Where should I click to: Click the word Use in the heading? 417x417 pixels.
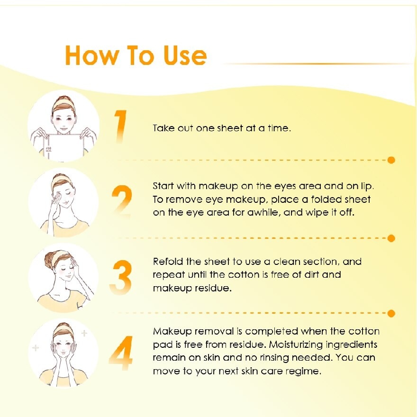click(185, 55)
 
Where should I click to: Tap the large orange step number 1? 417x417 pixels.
click(120, 127)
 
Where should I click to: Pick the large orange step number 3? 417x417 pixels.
click(121, 277)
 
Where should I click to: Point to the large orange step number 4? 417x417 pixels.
click(121, 353)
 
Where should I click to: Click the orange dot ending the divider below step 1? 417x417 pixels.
click(391, 160)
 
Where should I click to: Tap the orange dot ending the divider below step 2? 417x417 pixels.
click(391, 238)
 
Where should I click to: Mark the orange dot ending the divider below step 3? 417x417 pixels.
click(391, 314)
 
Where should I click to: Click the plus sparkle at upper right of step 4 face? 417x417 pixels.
click(84, 333)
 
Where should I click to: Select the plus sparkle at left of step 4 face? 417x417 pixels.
click(36, 347)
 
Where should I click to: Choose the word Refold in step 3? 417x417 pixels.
click(168, 262)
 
